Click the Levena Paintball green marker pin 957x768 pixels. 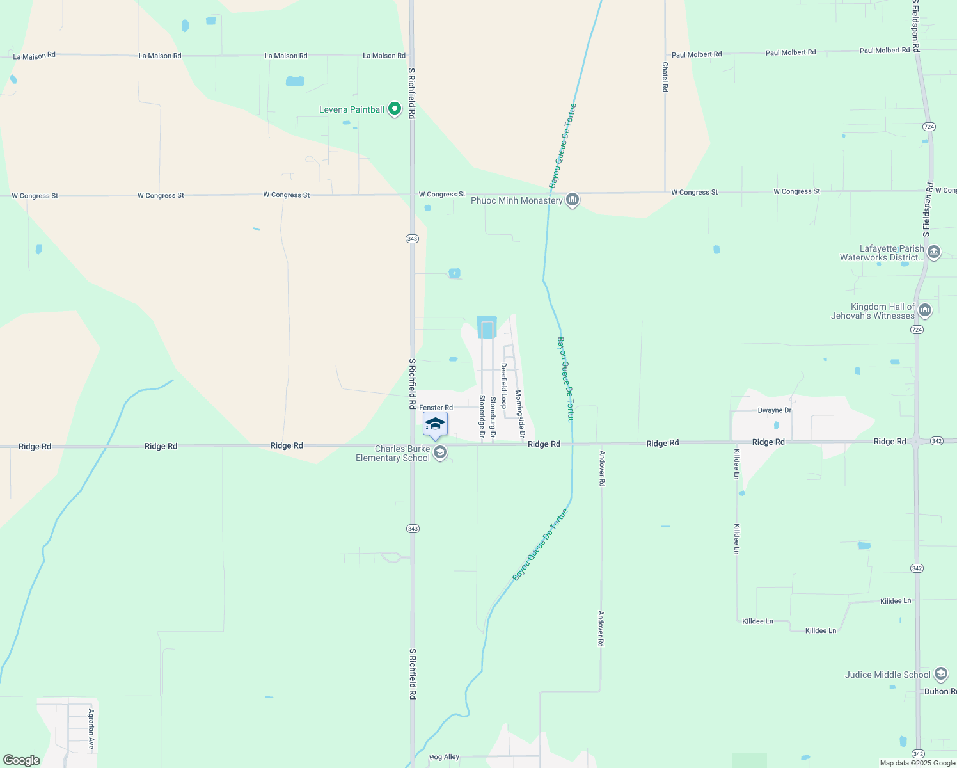point(395,109)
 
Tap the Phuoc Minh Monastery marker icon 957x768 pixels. point(573,200)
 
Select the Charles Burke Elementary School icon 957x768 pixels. point(439,453)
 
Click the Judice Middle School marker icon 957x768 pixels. point(940,674)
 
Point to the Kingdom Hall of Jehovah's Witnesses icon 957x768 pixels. point(924,311)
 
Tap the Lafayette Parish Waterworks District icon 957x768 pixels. point(933,252)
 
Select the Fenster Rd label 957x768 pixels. point(436,408)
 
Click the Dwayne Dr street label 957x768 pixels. point(774,410)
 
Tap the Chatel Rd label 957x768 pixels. point(665,77)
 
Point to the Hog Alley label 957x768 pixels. point(444,757)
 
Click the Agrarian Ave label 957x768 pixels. point(91,730)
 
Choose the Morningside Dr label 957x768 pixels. point(520,415)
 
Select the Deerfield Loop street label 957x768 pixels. point(504,385)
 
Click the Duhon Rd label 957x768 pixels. point(940,692)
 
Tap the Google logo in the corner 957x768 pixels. point(22,760)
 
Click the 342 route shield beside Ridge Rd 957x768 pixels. point(937,441)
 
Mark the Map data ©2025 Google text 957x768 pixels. point(917,763)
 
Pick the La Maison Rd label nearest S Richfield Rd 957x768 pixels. point(384,56)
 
